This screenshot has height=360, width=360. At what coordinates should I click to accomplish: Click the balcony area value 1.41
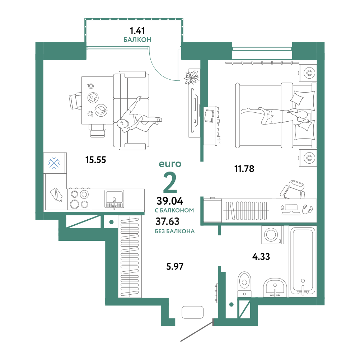click(137, 31)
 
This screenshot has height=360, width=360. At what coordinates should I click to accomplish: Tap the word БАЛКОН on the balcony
click(137, 40)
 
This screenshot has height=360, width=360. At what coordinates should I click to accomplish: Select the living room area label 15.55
click(95, 160)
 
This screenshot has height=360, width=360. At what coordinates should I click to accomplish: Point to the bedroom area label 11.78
click(244, 169)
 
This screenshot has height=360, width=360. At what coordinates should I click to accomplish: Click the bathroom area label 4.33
click(261, 257)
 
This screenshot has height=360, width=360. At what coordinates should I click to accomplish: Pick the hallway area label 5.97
click(175, 267)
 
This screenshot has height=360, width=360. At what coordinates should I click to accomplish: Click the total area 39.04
click(170, 201)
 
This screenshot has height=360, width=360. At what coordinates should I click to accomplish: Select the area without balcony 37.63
click(167, 221)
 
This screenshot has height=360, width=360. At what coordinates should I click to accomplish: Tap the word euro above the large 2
click(170, 164)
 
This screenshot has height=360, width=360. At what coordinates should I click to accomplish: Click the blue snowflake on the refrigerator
click(54, 163)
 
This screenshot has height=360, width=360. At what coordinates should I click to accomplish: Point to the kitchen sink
click(114, 199)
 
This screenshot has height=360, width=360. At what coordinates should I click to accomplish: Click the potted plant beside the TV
click(191, 77)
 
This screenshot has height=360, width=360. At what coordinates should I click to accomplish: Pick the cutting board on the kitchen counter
click(56, 195)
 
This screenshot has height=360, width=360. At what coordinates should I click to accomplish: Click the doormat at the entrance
click(193, 312)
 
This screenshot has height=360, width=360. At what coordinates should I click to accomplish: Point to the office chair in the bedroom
click(293, 190)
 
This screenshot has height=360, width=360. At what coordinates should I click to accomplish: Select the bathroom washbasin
click(275, 287)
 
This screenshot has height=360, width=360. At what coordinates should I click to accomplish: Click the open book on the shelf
click(209, 116)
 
